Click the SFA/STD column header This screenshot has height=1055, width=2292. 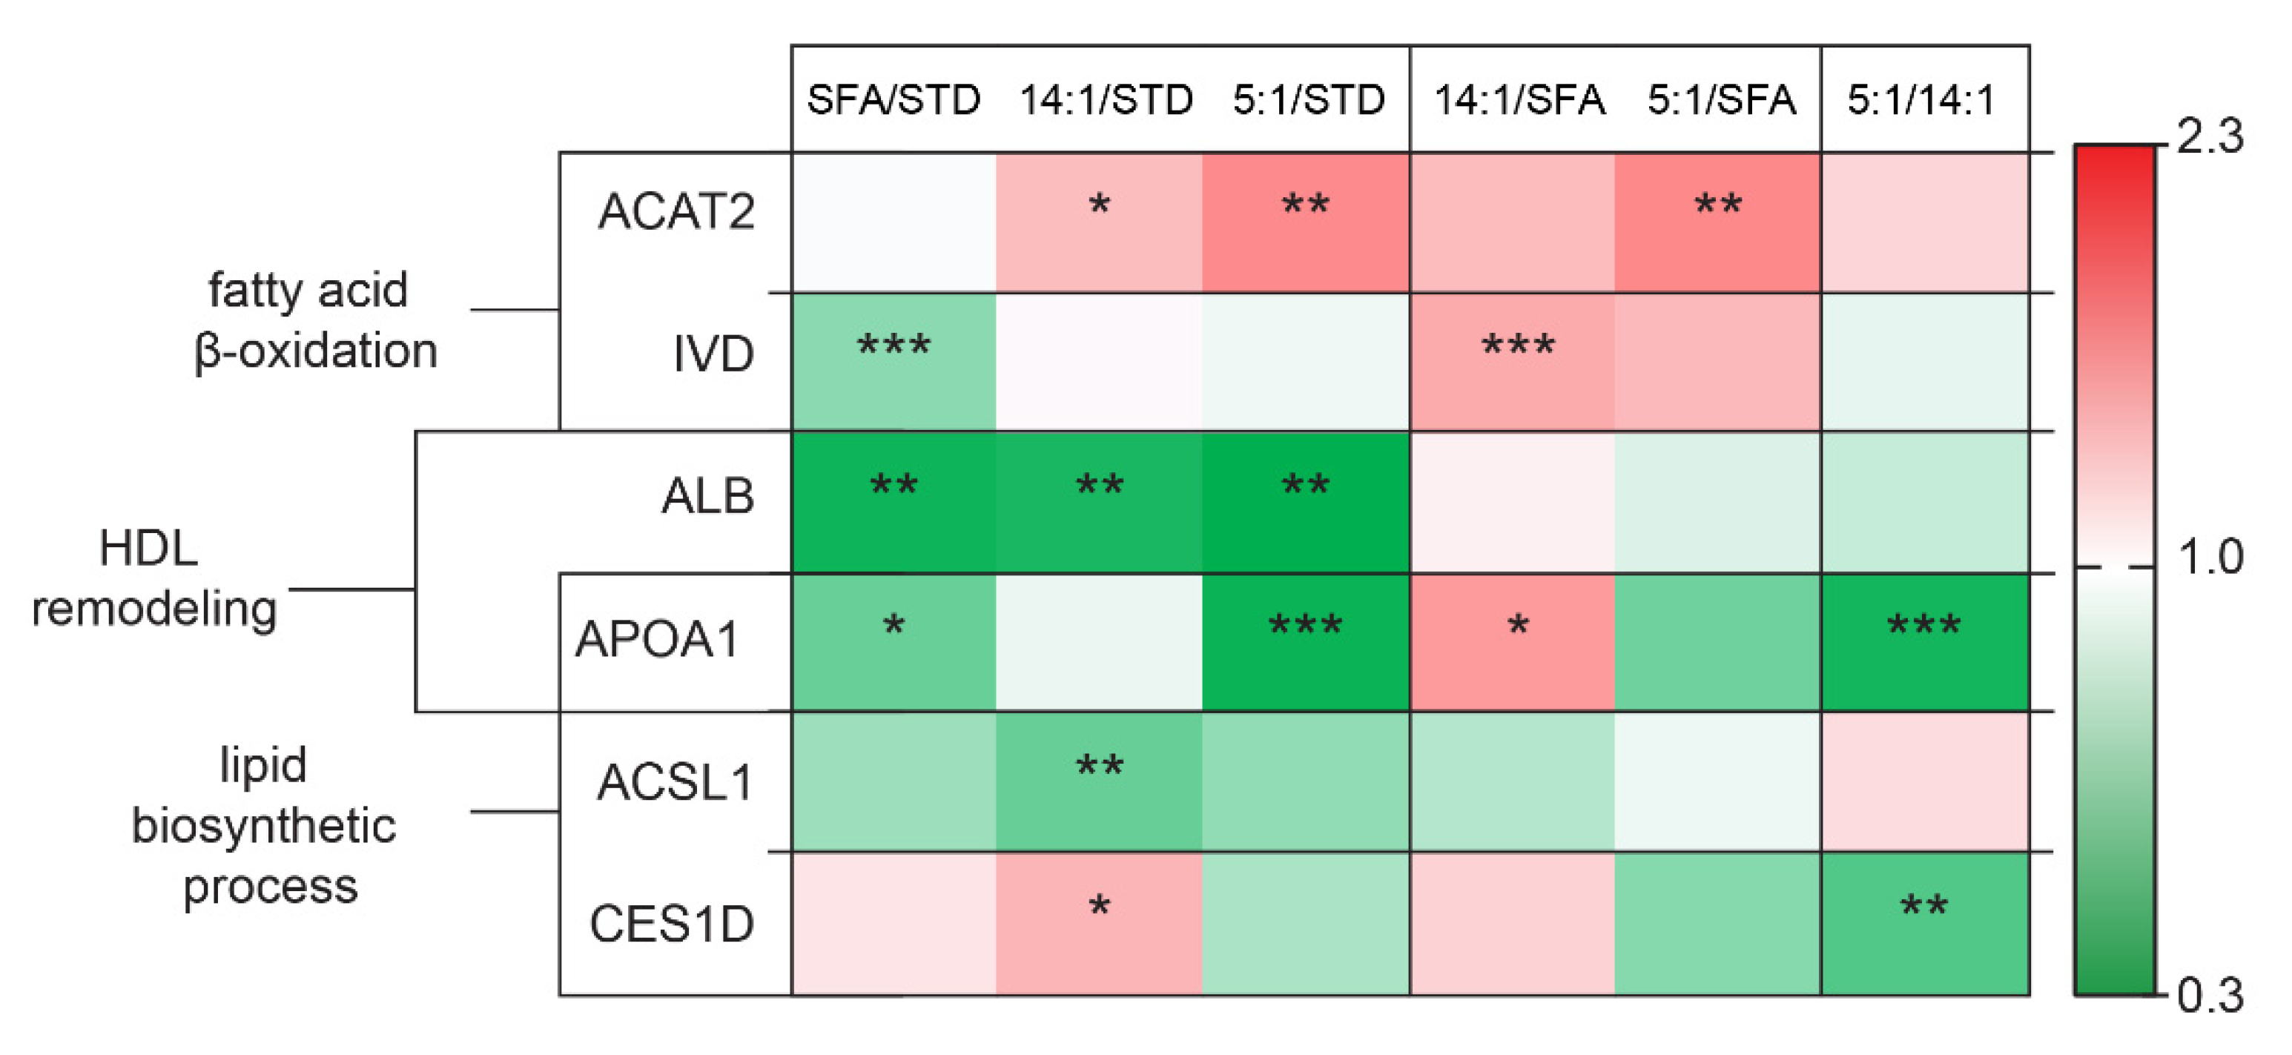point(893,99)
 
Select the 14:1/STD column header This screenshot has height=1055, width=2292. point(1105,99)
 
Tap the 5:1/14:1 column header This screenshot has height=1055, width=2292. point(1921,99)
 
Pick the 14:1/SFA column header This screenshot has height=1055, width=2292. point(1519,99)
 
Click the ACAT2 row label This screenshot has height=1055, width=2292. point(676,212)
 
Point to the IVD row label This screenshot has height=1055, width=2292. point(713,354)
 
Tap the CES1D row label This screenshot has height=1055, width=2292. point(671,923)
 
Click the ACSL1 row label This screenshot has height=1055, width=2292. point(675,783)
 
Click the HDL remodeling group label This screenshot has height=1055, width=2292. point(153,578)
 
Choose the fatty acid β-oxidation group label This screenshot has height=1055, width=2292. point(313,320)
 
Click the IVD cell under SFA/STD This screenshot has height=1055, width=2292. point(894,361)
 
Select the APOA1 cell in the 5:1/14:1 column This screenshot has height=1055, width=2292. point(1924,642)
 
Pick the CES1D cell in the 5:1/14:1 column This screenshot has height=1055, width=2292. point(1924,923)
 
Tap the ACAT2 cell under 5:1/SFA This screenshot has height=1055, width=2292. point(1717,222)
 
